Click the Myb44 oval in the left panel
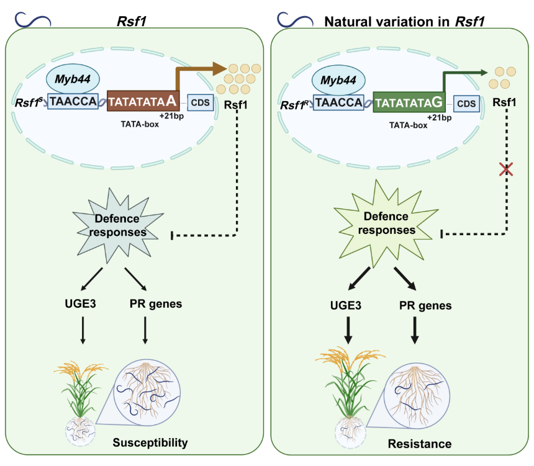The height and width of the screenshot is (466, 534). (x=73, y=79)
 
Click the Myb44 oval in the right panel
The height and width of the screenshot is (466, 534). (x=338, y=80)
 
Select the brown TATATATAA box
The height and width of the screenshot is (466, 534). (x=143, y=101)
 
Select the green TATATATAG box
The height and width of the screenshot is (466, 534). (x=409, y=102)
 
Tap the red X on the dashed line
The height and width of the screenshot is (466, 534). (x=506, y=169)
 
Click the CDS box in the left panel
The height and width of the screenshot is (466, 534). (x=200, y=102)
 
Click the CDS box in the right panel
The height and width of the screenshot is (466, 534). (x=466, y=104)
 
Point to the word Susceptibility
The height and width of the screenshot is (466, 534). (x=150, y=442)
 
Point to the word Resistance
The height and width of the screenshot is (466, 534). (x=420, y=444)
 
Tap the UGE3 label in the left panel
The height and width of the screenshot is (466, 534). (x=80, y=303)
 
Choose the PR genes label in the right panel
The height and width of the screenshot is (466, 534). (x=425, y=305)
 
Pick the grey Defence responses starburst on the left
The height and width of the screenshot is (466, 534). (x=117, y=225)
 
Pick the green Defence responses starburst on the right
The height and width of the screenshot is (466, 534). (x=386, y=223)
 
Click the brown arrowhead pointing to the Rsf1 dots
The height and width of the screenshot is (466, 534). (x=219, y=69)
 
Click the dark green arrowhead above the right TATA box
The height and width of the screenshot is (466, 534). (x=484, y=72)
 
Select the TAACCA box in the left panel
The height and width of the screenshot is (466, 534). (x=73, y=101)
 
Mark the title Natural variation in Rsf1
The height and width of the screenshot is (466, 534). (x=404, y=22)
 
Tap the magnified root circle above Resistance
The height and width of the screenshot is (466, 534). (x=417, y=395)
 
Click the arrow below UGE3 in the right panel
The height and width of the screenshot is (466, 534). (x=348, y=330)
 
